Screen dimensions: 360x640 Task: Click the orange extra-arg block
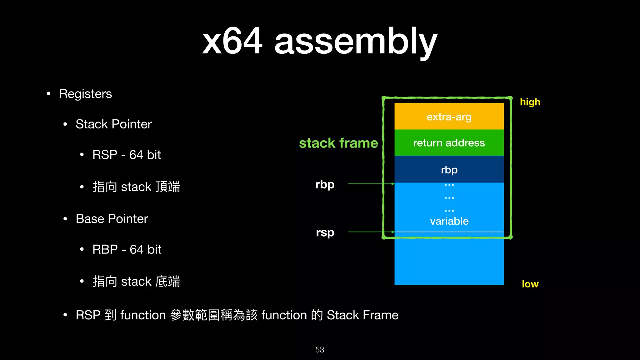[x=449, y=117]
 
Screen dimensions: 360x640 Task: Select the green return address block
[x=449, y=143]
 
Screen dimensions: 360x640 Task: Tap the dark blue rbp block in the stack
[x=449, y=170]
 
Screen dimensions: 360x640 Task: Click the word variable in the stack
[x=449, y=221]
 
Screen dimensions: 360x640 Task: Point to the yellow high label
[x=530, y=102]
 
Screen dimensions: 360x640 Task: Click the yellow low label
[x=530, y=284]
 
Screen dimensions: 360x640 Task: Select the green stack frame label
[x=338, y=143]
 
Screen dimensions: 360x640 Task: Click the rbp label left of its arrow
[x=325, y=185]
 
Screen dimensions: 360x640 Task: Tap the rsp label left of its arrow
[x=325, y=233]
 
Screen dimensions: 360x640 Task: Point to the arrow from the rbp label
[x=371, y=184]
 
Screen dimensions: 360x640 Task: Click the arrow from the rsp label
[x=371, y=232]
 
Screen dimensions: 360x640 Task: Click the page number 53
[x=319, y=350]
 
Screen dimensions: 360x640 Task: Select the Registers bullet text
[x=85, y=94]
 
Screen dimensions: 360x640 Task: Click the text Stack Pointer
[x=113, y=124]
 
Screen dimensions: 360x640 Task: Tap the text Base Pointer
[x=112, y=219]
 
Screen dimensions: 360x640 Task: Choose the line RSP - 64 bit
[x=127, y=155]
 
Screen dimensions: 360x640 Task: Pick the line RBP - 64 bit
[x=127, y=250]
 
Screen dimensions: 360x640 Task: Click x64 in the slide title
[x=232, y=41]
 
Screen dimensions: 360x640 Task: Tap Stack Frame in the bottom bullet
[x=362, y=315]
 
